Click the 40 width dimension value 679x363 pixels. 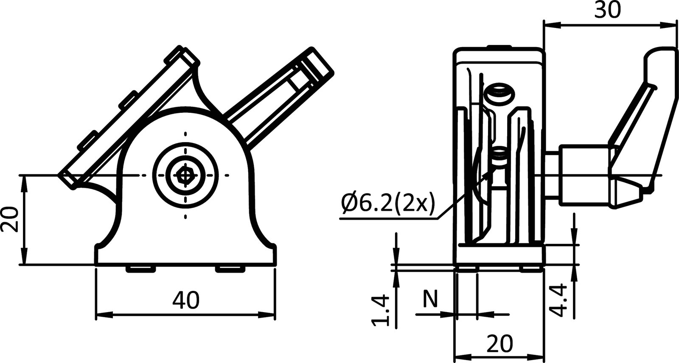(x=185, y=301)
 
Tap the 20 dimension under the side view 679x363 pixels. (x=499, y=343)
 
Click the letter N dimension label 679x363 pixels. (x=429, y=299)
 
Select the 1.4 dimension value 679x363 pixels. (x=381, y=310)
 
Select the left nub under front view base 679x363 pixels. (x=140, y=268)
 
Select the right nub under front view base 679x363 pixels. (x=230, y=268)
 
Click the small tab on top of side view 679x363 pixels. (x=499, y=47)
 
